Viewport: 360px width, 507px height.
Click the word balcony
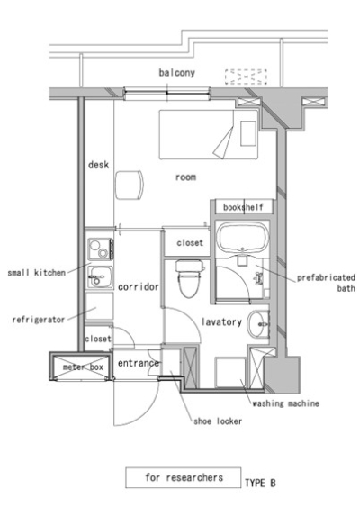click(x=176, y=72)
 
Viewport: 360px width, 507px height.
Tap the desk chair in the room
click(x=130, y=186)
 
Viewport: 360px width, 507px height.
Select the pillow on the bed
click(x=248, y=133)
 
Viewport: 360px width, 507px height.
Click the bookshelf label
click(x=243, y=207)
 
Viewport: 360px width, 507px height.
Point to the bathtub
click(x=243, y=238)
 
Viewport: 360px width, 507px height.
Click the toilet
click(x=190, y=278)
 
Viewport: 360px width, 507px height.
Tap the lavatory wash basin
click(x=258, y=323)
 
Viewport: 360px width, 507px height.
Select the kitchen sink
click(x=100, y=277)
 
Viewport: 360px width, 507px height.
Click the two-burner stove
click(x=101, y=249)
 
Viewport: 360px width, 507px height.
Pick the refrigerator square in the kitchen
click(x=99, y=306)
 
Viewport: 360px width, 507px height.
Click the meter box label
click(x=83, y=367)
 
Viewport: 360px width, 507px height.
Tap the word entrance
click(x=139, y=363)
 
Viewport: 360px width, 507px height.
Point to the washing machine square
click(x=230, y=372)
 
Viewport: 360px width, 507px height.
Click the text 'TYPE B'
click(x=260, y=483)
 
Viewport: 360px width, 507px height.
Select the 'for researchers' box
click(x=184, y=477)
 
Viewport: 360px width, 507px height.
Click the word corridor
click(x=139, y=286)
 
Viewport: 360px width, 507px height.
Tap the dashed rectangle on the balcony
click(x=246, y=77)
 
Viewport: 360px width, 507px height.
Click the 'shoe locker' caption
click(x=218, y=421)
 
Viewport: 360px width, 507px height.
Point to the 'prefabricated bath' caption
click(x=326, y=283)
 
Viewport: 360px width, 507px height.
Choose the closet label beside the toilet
click(x=190, y=242)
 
